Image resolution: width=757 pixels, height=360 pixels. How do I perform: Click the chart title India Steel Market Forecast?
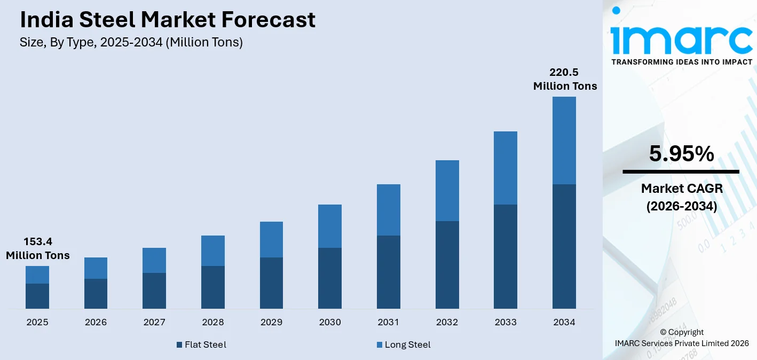pos(168,20)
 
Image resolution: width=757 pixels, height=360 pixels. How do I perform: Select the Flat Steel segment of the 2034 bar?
pos(564,246)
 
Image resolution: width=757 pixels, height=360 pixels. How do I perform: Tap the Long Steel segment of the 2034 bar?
pos(564,140)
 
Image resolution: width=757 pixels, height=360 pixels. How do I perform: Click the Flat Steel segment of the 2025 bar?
pos(37,296)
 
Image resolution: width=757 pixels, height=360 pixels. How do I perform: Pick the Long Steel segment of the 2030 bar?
pos(330,226)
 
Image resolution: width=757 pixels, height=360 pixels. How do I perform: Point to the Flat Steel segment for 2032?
pos(447,265)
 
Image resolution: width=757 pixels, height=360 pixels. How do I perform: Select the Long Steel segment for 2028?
pos(212,251)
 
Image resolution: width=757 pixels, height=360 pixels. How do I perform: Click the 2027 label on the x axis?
pos(154,322)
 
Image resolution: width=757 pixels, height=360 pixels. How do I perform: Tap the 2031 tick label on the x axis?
pos(388,322)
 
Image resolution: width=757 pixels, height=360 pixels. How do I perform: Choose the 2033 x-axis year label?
pos(506,322)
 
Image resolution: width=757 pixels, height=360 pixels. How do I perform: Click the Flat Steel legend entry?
pos(201,345)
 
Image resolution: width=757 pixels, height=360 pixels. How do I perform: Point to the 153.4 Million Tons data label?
pos(38,248)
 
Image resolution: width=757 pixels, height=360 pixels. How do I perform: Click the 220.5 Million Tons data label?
pos(565,79)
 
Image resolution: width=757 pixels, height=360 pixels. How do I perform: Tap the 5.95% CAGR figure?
pos(681,154)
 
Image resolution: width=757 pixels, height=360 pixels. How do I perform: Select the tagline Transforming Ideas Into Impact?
pos(682,62)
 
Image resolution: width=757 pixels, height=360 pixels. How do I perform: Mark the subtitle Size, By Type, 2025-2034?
pos(131,43)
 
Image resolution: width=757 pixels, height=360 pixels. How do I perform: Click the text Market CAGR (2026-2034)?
pos(681,197)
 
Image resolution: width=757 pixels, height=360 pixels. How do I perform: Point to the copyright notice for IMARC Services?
pos(682,338)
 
